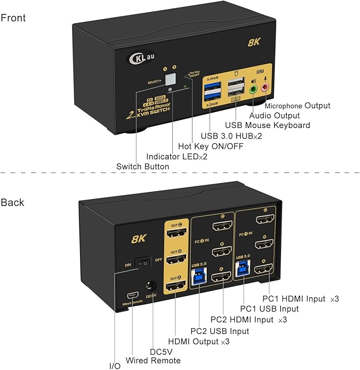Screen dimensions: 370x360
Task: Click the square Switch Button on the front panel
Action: click(x=170, y=80)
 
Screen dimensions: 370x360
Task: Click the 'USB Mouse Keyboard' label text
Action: click(x=267, y=125)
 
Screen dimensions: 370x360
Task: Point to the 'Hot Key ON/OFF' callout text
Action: click(x=207, y=146)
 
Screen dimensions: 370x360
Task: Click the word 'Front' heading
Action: click(x=13, y=18)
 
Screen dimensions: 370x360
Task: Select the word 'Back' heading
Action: click(x=12, y=203)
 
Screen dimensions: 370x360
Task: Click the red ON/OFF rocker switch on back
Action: click(x=143, y=262)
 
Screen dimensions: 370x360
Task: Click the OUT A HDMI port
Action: click(x=175, y=287)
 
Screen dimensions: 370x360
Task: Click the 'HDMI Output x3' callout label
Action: click(x=198, y=341)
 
